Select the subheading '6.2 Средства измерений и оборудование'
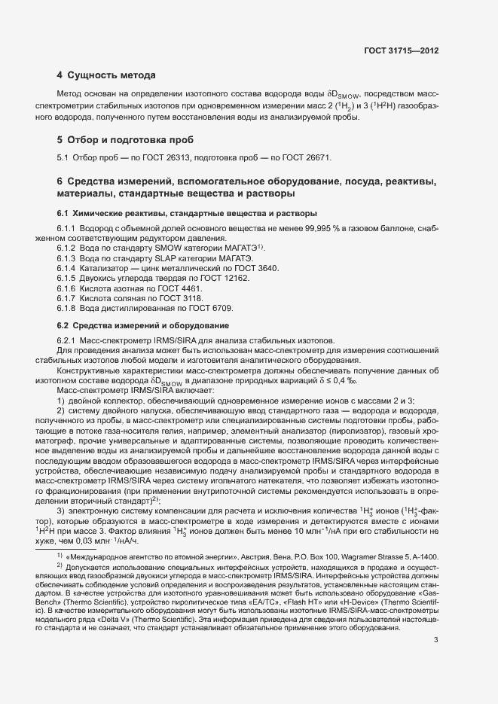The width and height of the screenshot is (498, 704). tap(143, 325)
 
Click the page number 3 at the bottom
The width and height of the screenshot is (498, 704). tap(436, 641)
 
